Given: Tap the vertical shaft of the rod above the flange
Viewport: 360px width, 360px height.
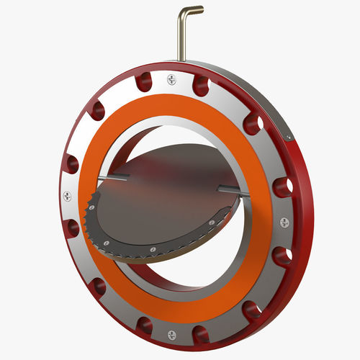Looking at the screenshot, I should click(181, 40).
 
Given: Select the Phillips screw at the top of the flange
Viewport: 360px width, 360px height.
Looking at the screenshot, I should click(171, 78).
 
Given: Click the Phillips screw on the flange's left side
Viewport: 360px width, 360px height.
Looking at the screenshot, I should click(67, 194).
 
